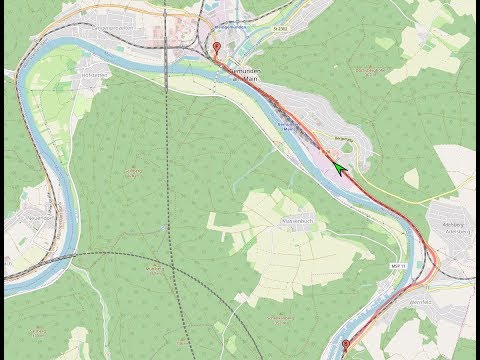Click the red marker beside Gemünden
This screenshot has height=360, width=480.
point(218,48)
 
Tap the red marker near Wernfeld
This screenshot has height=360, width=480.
point(346,346)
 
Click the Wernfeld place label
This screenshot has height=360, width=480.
point(420,299)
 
